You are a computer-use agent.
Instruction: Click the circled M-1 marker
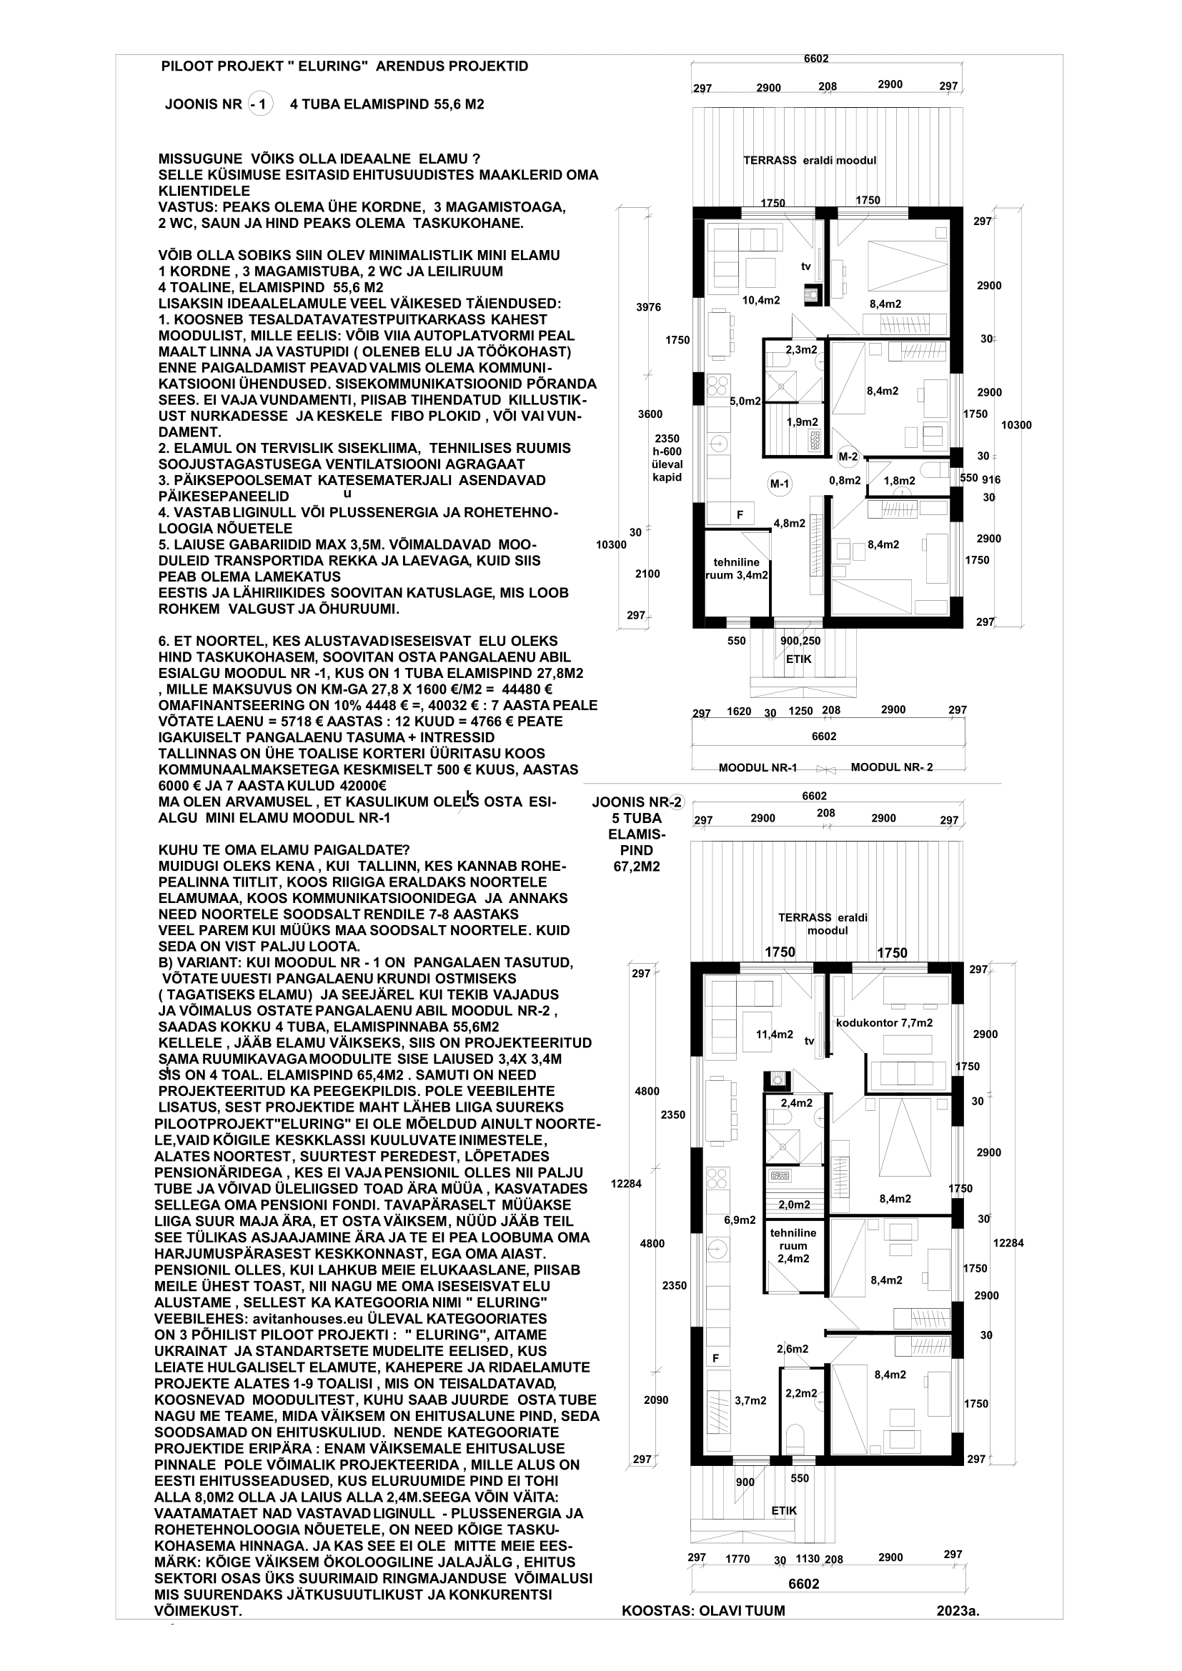click(780, 483)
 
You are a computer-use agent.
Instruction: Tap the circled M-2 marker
click(848, 457)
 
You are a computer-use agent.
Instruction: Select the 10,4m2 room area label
click(760, 300)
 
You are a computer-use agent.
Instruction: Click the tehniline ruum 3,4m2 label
click(737, 569)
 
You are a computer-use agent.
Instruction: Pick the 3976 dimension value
click(648, 307)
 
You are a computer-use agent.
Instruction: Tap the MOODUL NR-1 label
click(758, 768)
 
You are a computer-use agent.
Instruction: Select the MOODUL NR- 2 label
click(892, 768)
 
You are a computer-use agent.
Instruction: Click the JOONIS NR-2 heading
click(637, 803)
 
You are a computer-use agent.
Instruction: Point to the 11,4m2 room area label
click(775, 1034)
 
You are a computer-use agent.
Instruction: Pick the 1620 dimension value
click(739, 711)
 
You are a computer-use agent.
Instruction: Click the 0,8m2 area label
click(845, 480)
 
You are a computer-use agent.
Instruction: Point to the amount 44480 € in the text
click(519, 689)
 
